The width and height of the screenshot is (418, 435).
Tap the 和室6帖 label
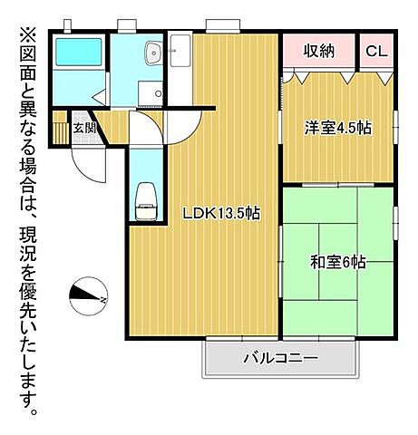337,263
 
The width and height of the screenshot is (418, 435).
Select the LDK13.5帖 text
222,214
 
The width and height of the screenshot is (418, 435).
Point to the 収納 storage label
319,51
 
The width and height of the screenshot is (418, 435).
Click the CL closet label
376,51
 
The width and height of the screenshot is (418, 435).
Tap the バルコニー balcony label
280,358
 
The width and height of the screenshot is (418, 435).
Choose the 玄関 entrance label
84,128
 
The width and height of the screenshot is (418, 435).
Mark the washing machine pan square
148,93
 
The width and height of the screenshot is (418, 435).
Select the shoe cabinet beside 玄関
61,127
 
